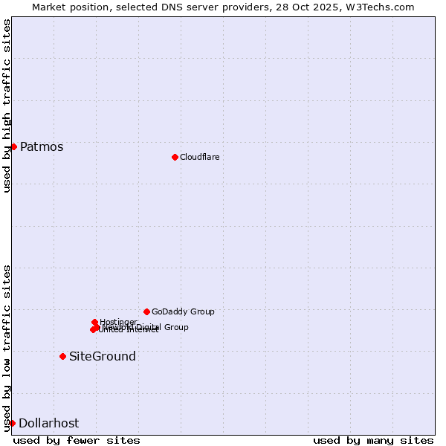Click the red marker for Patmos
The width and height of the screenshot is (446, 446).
point(13,146)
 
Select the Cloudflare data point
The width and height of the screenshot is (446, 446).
point(175,157)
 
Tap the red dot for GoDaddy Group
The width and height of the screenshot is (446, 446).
point(146,311)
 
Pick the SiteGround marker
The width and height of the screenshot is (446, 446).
point(62,356)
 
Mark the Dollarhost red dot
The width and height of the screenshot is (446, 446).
point(12,423)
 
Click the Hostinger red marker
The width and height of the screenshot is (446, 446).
point(94,322)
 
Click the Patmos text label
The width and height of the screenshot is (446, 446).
point(42,147)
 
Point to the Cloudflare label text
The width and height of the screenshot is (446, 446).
point(199,157)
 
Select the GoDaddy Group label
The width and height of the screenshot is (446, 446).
point(183,311)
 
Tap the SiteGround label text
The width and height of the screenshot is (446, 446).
point(103,357)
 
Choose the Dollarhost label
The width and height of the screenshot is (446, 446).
point(48,424)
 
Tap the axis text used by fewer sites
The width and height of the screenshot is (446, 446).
point(77,440)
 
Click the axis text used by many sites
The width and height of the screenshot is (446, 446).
point(373,440)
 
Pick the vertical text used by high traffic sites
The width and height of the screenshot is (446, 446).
point(7,106)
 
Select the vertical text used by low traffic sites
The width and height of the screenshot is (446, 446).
point(7,348)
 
